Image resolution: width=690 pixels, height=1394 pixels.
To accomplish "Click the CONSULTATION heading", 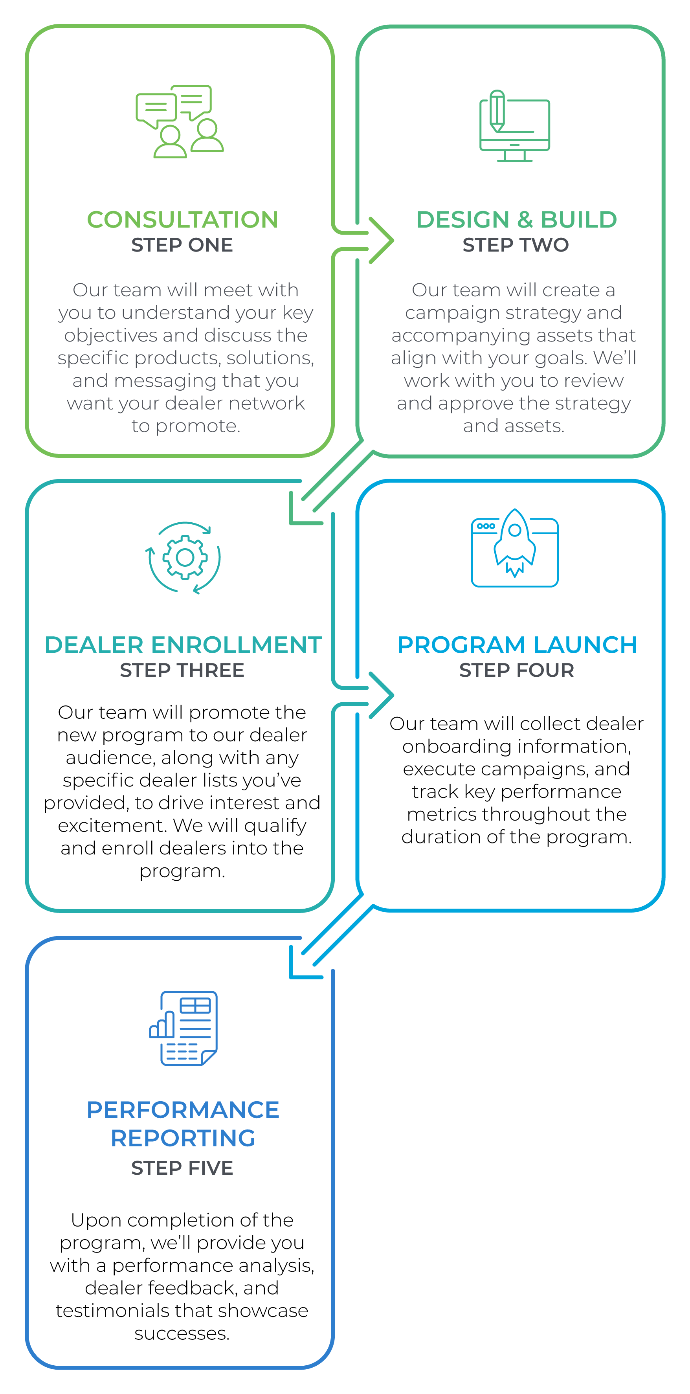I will click(x=182, y=220).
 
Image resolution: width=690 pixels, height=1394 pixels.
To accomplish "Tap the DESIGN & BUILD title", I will click(x=516, y=220).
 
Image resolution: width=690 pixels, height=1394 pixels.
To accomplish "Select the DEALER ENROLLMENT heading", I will click(x=183, y=645).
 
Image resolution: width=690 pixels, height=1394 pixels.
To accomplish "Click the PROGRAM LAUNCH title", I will click(x=517, y=645).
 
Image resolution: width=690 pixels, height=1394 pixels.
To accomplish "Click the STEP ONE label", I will click(x=182, y=245).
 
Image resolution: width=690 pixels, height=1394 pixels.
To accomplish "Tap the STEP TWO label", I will click(x=516, y=245).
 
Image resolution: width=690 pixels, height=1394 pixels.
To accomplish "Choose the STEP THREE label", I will click(x=182, y=670).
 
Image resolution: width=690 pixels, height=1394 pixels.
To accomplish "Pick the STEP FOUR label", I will click(x=517, y=670).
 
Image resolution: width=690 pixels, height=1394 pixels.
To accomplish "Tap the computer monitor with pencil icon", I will click(x=514, y=126).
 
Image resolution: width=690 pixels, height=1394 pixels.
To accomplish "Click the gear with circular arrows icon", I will click(x=184, y=557).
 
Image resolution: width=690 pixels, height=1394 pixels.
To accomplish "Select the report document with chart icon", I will click(x=184, y=1028).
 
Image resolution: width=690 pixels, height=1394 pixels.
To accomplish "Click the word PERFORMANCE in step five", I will click(x=183, y=1109).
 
